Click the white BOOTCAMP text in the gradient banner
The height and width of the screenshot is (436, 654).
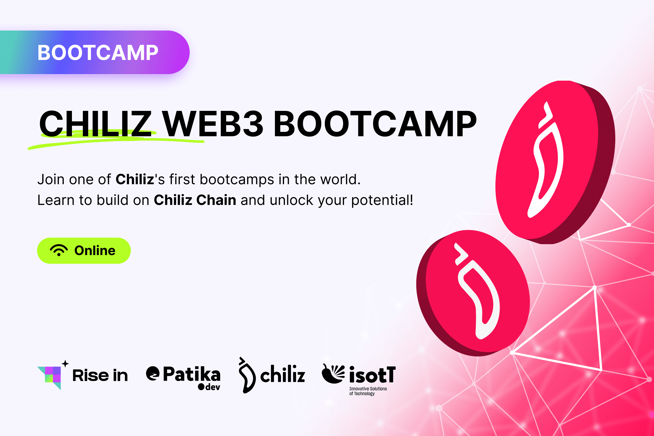point(98,53)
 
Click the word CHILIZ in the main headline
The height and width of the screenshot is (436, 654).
point(95,124)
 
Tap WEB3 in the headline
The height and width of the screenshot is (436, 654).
point(213,124)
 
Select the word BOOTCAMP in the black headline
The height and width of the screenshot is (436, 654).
point(375,124)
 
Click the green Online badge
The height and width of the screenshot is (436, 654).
point(84,250)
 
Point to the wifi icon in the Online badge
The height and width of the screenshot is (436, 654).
point(59,250)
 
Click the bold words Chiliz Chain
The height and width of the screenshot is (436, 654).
point(195,200)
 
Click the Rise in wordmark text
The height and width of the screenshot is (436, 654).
point(100,376)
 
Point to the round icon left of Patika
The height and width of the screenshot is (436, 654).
point(153,373)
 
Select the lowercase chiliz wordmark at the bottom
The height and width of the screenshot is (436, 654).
point(283,374)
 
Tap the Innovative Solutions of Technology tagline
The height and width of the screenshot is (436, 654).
point(368,391)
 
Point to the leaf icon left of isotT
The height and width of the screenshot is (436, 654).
point(333,373)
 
